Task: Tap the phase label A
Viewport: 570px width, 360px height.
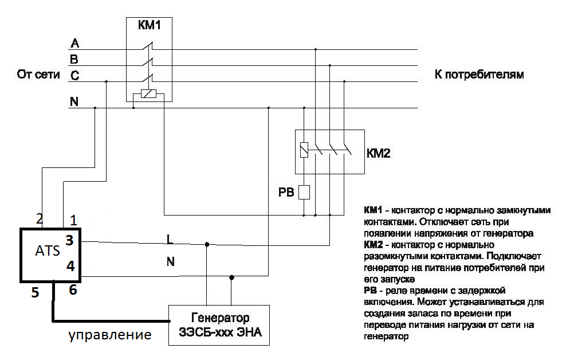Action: tap(74, 44)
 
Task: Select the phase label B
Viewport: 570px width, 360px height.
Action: tap(74, 59)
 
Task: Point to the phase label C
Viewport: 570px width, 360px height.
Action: tap(74, 75)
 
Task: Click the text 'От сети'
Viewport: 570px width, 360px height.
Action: tap(38, 75)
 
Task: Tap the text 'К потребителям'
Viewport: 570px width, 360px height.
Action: tap(476, 75)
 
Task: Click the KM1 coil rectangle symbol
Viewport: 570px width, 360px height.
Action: tap(148, 96)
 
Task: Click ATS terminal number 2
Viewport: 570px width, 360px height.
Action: tap(40, 218)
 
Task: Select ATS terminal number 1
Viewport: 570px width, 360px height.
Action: tap(72, 220)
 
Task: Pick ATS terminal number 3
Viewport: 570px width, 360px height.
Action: tap(70, 241)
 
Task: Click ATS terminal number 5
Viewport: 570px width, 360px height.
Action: tap(36, 293)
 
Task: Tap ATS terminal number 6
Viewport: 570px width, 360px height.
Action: tap(72, 290)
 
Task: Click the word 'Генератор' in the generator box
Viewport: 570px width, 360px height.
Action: tap(218, 318)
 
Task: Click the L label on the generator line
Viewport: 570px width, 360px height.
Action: tap(170, 237)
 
